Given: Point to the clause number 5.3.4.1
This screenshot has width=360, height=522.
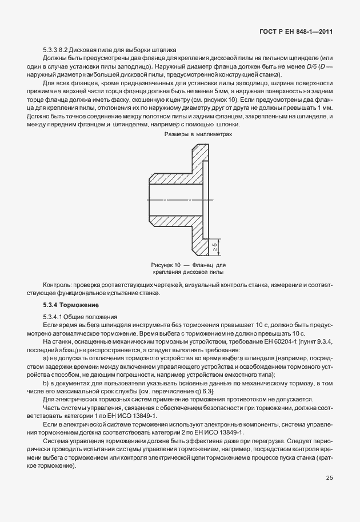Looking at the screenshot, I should pos(54,316).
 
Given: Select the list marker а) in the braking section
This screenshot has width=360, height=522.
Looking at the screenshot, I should pos(47,357).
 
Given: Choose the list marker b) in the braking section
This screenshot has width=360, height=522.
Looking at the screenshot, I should pos(47,382).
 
